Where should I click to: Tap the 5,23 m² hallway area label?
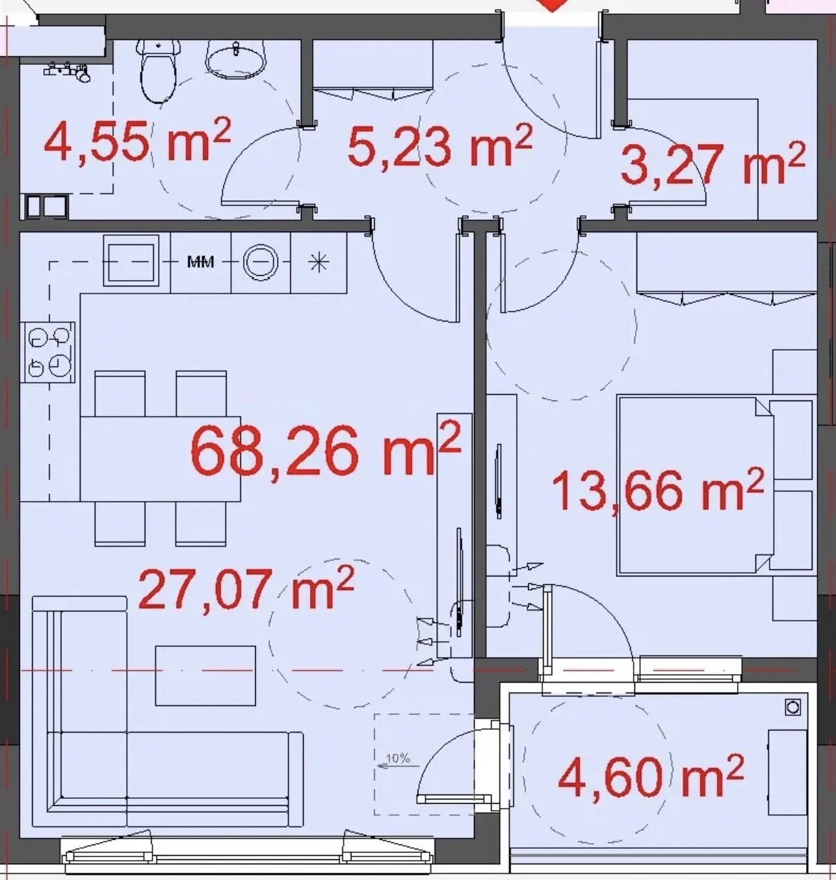tap(440, 145)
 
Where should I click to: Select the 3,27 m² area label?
tap(713, 163)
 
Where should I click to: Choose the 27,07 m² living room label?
tap(246, 587)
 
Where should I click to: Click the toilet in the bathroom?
tap(158, 71)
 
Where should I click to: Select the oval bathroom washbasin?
tap(236, 60)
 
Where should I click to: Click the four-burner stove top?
tap(48, 352)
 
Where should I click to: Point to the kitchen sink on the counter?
tap(131, 260)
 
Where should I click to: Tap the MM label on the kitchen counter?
tap(200, 262)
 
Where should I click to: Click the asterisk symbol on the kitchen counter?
tap(319, 262)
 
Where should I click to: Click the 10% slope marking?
tap(398, 758)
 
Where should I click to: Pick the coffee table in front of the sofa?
tap(205, 676)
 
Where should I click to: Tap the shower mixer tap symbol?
tap(67, 71)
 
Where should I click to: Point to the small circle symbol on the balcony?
tap(793, 708)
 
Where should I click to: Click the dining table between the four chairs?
tap(160, 458)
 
